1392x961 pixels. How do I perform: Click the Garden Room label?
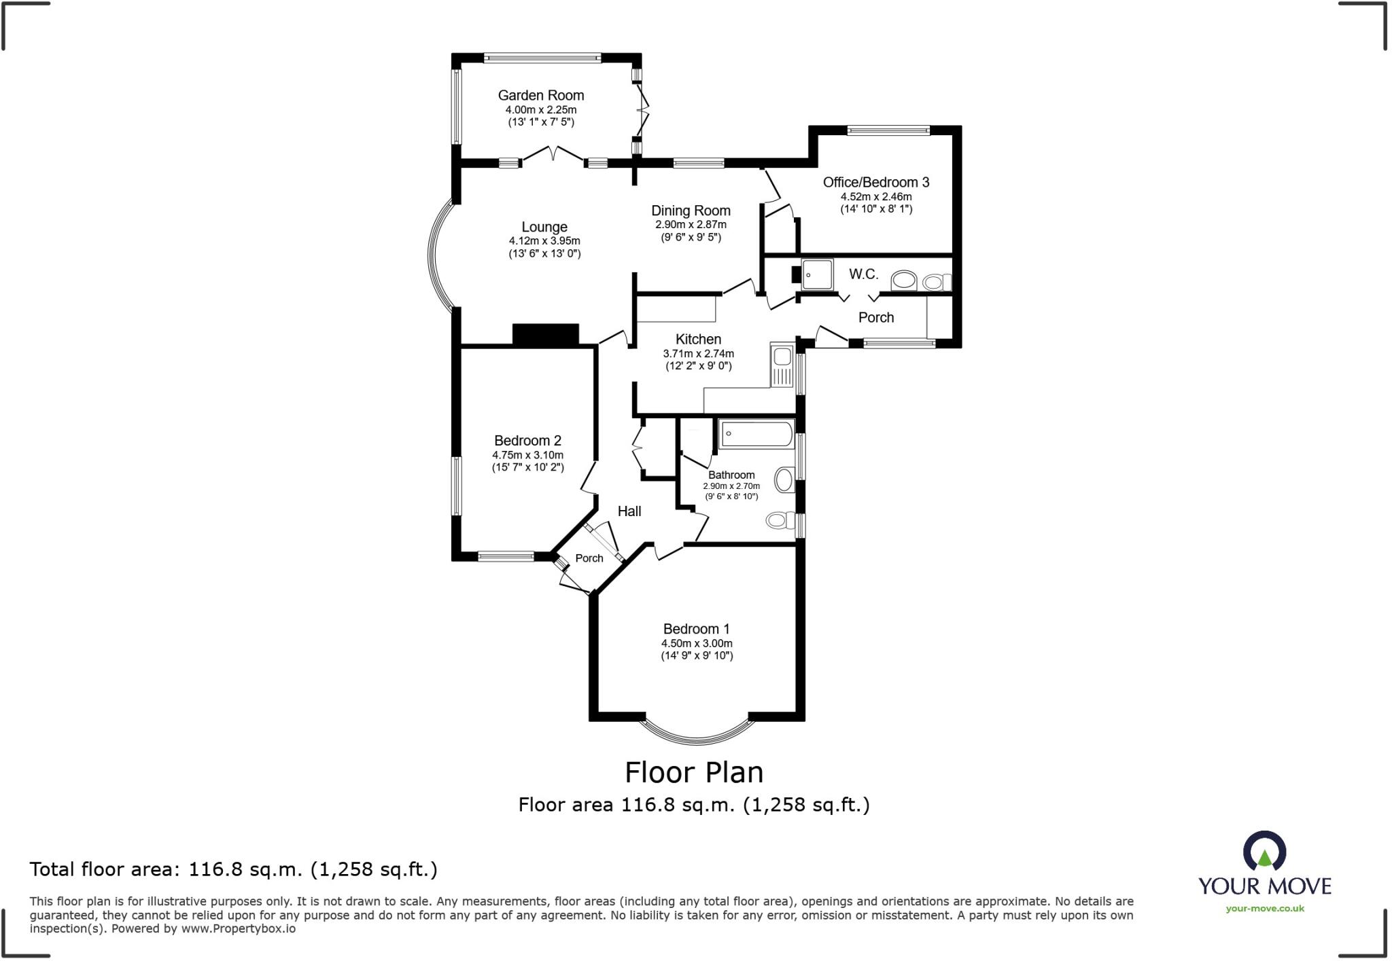click(540, 96)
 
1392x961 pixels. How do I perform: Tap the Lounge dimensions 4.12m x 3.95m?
click(544, 241)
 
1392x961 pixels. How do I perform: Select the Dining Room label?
click(691, 211)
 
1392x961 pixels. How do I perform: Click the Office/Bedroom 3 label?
click(875, 182)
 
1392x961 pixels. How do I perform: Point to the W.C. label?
click(863, 274)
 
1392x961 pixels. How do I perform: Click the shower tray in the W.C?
click(817, 274)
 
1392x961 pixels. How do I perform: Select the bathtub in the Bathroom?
click(756, 433)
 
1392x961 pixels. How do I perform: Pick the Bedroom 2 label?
click(527, 441)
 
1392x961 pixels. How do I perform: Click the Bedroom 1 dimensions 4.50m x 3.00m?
click(697, 643)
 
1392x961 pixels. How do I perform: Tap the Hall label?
click(629, 511)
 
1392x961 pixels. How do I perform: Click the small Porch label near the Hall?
click(589, 558)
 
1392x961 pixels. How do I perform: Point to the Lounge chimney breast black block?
click(545, 335)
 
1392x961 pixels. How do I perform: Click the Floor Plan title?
click(693, 772)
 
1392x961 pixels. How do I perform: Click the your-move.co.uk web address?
click(1264, 909)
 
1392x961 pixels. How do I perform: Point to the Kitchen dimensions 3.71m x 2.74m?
click(698, 354)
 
